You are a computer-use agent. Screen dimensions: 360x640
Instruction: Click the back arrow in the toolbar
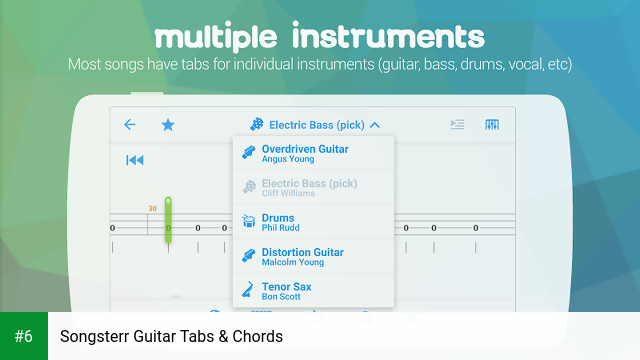pos(129,125)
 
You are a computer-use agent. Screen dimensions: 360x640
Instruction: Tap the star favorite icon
pos(168,125)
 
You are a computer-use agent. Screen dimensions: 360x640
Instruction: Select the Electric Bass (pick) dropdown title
pos(316,125)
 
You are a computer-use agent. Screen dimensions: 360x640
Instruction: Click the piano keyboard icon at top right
pos(492,125)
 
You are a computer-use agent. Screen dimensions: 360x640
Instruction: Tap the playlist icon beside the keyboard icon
pos(457,125)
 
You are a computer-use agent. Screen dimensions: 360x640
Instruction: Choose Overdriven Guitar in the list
pos(304,149)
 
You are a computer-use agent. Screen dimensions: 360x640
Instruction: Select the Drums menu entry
pos(278,217)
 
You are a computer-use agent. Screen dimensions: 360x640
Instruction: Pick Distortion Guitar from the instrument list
pos(302,252)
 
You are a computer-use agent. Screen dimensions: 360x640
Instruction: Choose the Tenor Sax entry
pos(286,287)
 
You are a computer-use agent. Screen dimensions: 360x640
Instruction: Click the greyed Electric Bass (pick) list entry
pos(308,183)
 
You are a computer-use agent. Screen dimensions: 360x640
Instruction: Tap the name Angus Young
pos(287,159)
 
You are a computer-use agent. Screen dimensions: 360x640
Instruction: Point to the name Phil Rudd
pos(281,228)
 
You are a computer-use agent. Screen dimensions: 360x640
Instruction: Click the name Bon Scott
pos(281,297)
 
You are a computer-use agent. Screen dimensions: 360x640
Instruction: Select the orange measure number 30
pos(152,209)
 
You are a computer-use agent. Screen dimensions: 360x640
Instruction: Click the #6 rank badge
pos(24,336)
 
